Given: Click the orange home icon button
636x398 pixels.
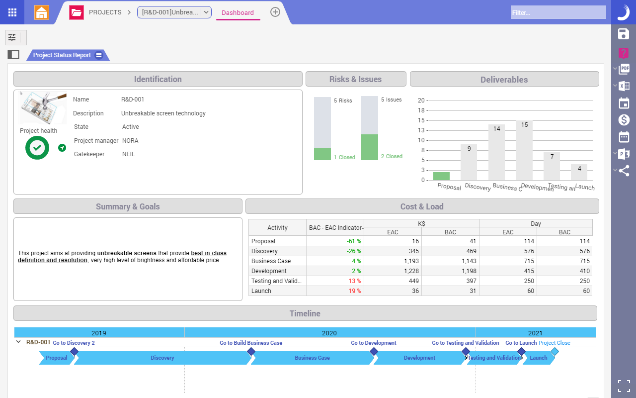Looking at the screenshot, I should tap(42, 12).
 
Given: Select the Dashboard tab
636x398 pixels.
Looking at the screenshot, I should tap(238, 13).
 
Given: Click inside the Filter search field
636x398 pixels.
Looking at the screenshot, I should tap(558, 12).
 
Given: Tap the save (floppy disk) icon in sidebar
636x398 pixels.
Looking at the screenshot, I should tap(623, 34).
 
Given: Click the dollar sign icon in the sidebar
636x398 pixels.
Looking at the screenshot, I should tap(624, 120).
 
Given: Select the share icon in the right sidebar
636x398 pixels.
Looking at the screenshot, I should tap(624, 171).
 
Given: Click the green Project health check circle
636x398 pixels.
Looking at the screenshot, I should tap(37, 148).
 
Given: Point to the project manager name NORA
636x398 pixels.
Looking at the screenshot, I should tap(130, 141).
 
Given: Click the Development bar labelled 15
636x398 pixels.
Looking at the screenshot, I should tap(524, 151).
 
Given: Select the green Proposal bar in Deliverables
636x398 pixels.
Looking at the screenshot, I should tap(441, 176).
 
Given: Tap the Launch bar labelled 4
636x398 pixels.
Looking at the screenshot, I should tap(579, 172).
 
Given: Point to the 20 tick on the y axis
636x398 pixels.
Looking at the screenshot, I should tap(421, 100).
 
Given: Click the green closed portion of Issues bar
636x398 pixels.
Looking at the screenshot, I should tap(369, 147).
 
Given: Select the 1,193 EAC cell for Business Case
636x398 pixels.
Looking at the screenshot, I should tap(393, 261).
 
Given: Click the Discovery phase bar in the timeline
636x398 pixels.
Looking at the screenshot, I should tap(162, 358).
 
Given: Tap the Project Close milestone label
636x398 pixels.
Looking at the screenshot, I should tap(554, 343).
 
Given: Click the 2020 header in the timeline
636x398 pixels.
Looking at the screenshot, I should tap(329, 333).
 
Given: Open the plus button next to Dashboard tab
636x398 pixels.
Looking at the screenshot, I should tap(275, 12).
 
